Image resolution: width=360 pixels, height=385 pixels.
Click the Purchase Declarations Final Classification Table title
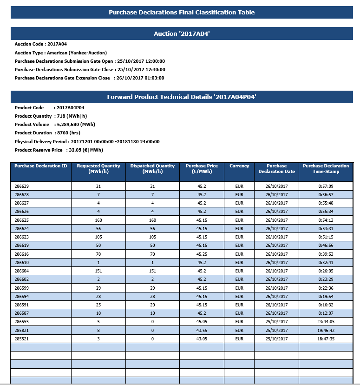coord(182,13)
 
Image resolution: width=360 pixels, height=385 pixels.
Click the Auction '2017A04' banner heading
coord(182,34)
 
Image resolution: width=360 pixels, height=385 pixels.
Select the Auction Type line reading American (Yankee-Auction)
coord(61,53)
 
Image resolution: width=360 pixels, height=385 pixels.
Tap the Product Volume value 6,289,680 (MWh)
coord(75,125)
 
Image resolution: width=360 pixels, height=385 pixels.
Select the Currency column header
coord(239,166)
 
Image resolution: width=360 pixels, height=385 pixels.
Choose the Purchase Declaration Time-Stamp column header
coord(326,169)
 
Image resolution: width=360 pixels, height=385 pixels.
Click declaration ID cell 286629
coord(22,186)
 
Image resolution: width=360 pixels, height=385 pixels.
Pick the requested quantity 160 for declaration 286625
coord(98,220)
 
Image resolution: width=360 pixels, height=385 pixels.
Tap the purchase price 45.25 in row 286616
coord(202,254)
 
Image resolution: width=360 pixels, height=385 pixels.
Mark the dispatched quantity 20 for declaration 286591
coord(152,305)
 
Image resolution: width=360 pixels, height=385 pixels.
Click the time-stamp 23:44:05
coord(326,322)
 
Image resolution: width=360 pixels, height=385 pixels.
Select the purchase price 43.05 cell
coord(202,339)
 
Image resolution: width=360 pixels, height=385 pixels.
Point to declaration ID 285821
coord(22,331)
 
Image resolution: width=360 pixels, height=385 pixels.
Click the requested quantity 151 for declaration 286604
coord(98,271)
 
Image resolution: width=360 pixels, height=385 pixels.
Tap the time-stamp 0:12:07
coord(326,313)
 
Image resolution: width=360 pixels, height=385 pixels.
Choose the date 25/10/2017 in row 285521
coord(277,339)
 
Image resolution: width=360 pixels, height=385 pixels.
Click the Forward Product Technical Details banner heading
coord(182,97)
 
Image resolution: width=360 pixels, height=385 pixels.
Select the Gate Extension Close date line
coord(89,78)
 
